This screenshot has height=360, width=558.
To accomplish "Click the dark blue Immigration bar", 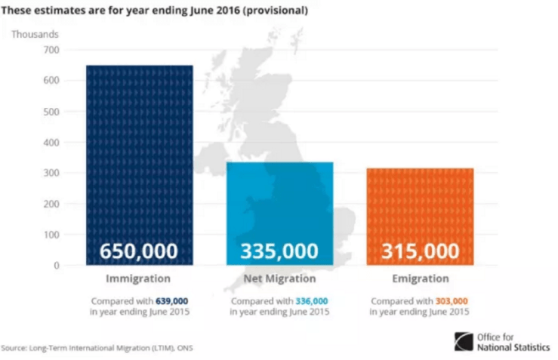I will pyautogui.click(x=139, y=151).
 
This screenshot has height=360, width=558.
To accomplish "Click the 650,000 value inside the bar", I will pyautogui.click(x=139, y=251).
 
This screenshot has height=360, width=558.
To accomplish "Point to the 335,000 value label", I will pyautogui.click(x=279, y=251).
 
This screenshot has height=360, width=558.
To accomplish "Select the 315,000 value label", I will pyautogui.click(x=420, y=251).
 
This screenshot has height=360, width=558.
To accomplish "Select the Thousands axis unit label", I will pyautogui.click(x=34, y=33).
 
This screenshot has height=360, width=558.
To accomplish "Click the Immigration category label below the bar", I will pyautogui.click(x=139, y=279).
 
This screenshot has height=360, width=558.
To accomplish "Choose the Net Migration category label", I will pyautogui.click(x=279, y=279).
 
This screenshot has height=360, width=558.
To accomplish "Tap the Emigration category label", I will pyautogui.click(x=420, y=279).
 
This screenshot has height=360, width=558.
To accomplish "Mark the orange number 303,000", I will pyautogui.click(x=452, y=300).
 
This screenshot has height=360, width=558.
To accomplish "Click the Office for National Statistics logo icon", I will pyautogui.click(x=464, y=342).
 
